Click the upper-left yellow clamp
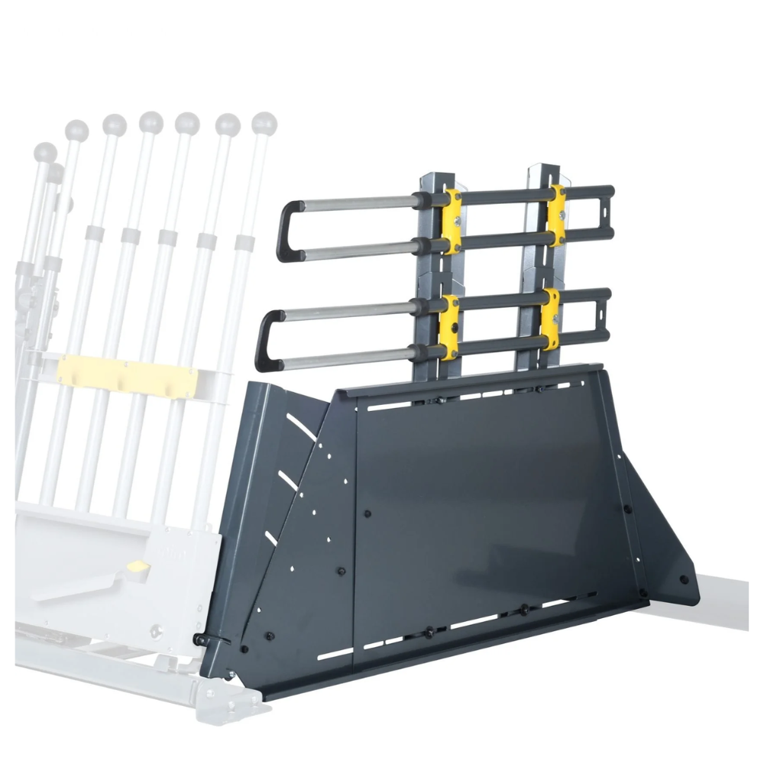(x=452, y=221)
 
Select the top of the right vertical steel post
(x=537, y=170)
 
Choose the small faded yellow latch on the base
(x=138, y=567)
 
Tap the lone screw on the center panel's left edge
(x=367, y=513)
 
